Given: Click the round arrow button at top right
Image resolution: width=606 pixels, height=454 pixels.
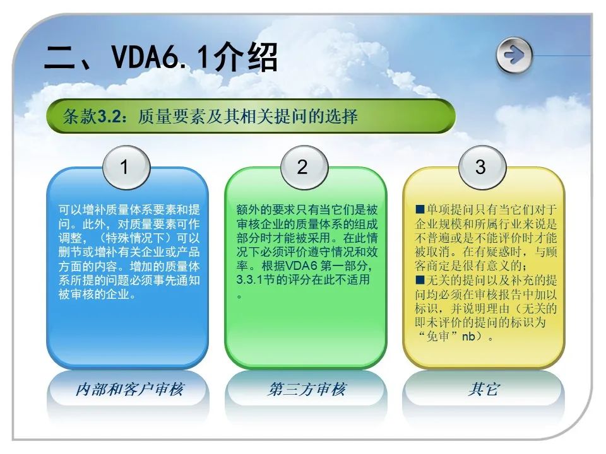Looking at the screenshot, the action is pos(514,55).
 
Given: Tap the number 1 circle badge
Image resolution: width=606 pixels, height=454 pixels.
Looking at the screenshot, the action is pos(126,167).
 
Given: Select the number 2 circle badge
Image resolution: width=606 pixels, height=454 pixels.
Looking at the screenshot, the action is pos(304,167).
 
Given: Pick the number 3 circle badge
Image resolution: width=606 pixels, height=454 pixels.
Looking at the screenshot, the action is pos(482,167).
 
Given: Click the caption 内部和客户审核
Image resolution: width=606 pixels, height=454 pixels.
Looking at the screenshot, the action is pos(129,389).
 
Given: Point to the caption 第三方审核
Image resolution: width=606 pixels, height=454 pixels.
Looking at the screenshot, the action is pos(307,389).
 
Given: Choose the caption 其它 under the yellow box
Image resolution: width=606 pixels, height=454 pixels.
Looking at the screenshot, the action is pos(484,389).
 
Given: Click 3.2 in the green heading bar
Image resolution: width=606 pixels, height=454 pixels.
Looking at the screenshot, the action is pos(108,116).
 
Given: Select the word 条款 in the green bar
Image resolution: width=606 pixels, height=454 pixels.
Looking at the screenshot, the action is pos(80,116).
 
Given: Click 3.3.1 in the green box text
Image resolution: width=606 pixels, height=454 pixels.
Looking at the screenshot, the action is pos(249,280).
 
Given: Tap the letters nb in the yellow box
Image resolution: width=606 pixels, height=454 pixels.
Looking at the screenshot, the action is pos(468,337).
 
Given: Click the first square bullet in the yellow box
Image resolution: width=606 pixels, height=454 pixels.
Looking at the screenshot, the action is pos(420,209).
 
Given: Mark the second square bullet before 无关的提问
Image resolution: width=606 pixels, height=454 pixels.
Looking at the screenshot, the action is pos(420,280).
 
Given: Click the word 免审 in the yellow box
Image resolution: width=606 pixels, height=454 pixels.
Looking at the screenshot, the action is pos(437,336).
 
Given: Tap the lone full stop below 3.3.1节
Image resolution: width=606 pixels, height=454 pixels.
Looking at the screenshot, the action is pos(240,297).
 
